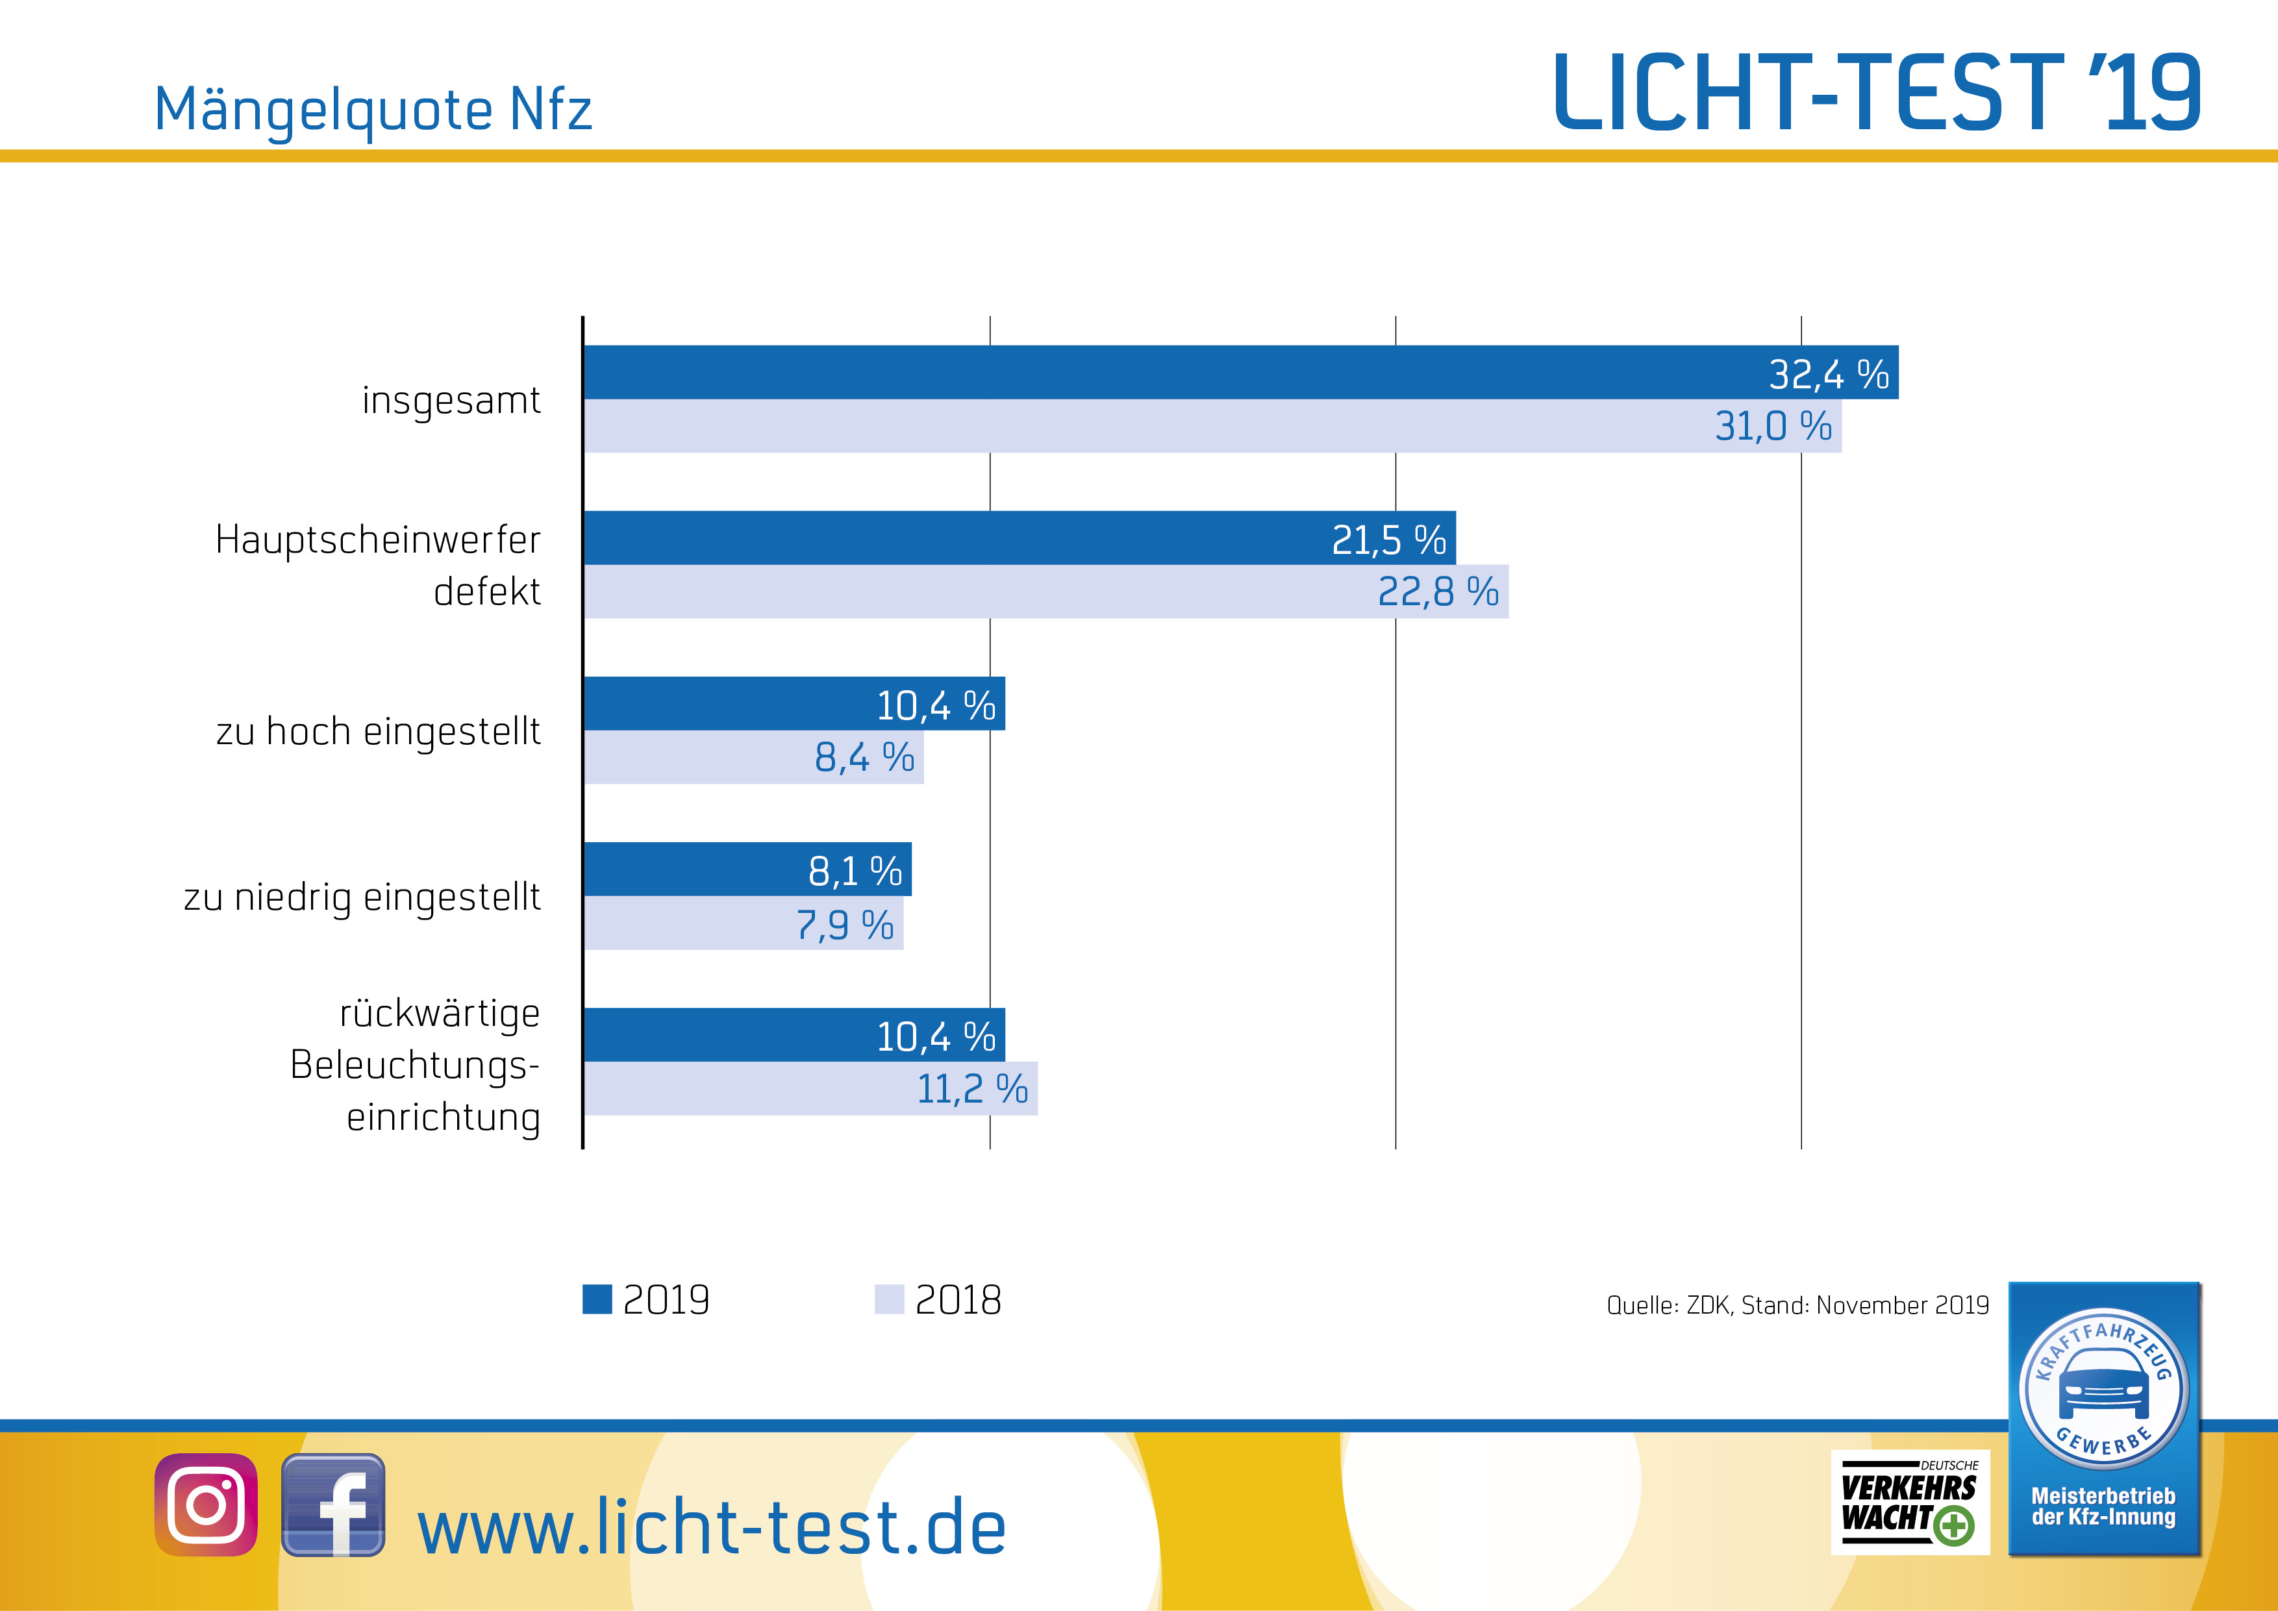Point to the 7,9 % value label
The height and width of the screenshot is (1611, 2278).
844,925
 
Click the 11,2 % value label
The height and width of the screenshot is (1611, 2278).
971,1089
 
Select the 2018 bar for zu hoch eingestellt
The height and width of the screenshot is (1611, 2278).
695,758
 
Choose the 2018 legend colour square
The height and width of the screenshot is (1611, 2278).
889,1299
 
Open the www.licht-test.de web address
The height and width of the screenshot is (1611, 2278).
711,1528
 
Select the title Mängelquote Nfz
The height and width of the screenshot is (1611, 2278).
373,109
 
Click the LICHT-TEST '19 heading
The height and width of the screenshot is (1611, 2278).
1875,94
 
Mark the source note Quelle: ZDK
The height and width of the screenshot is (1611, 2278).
1797,1305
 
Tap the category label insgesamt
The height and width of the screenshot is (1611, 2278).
451,401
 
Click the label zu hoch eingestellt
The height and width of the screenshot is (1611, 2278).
378,732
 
